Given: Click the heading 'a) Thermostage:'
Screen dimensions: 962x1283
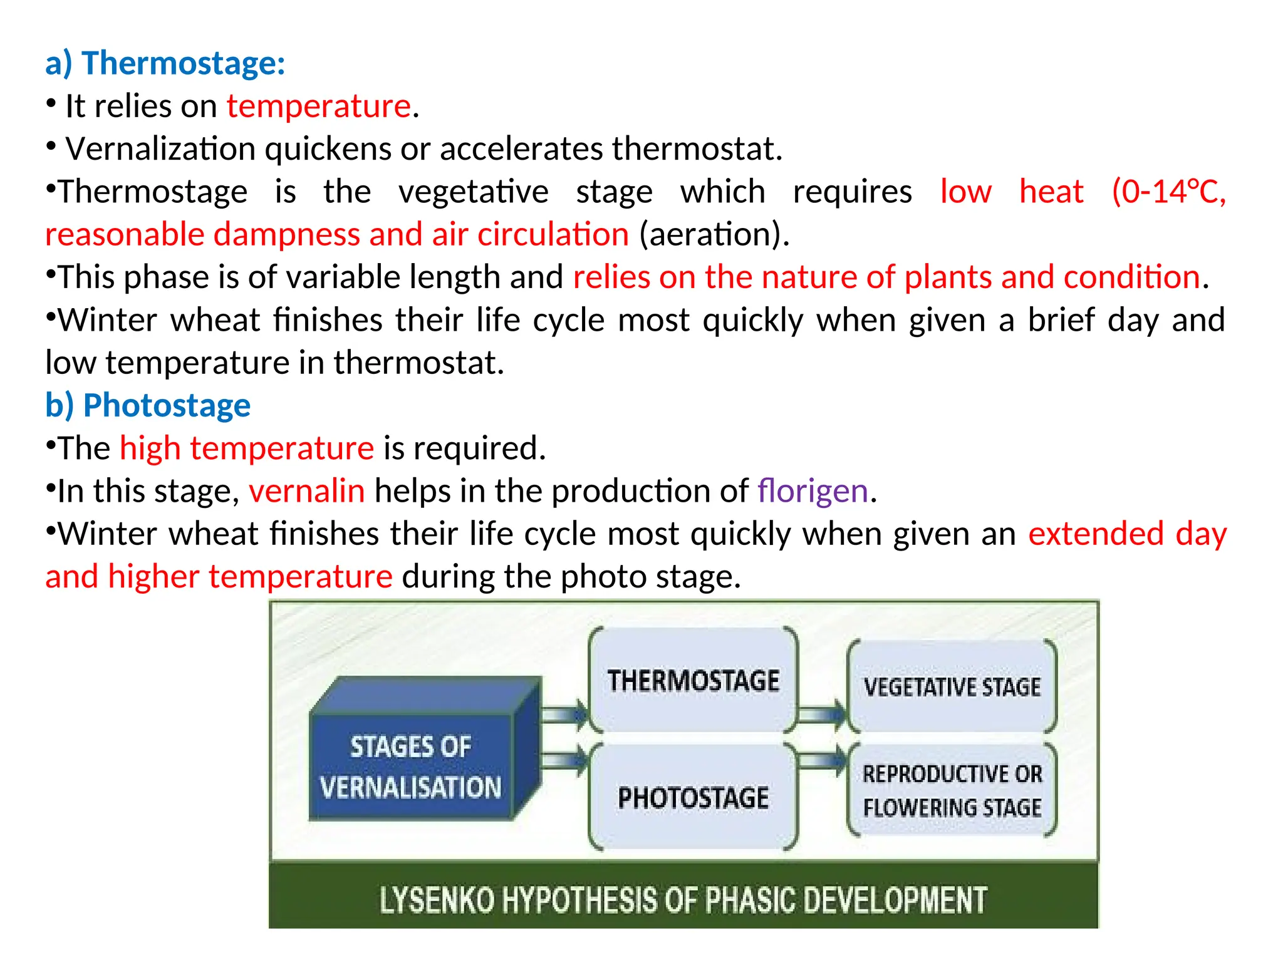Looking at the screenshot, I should click(x=165, y=63).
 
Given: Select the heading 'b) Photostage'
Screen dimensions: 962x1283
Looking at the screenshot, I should click(x=148, y=405).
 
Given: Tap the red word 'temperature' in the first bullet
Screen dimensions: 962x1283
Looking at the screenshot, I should click(x=319, y=106).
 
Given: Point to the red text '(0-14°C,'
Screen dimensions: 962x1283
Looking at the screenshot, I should click(x=1168, y=192).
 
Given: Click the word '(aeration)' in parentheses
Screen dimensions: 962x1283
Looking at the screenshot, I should click(x=713, y=235).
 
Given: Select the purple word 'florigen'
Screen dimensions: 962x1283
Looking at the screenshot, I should click(x=813, y=491).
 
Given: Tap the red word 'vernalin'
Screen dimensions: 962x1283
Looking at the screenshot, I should click(x=306, y=491).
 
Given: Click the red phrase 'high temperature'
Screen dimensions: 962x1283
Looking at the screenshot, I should click(x=247, y=448).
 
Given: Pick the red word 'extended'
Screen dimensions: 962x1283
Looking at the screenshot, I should click(x=1096, y=534).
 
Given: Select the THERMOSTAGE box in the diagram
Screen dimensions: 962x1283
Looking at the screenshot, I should click(x=693, y=681).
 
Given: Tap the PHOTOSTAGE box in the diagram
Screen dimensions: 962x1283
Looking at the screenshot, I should click(x=693, y=798).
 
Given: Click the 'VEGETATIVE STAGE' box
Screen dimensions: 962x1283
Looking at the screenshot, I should click(x=952, y=687).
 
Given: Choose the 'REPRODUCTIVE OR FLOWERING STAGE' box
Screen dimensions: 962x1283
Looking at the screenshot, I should click(x=952, y=790).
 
